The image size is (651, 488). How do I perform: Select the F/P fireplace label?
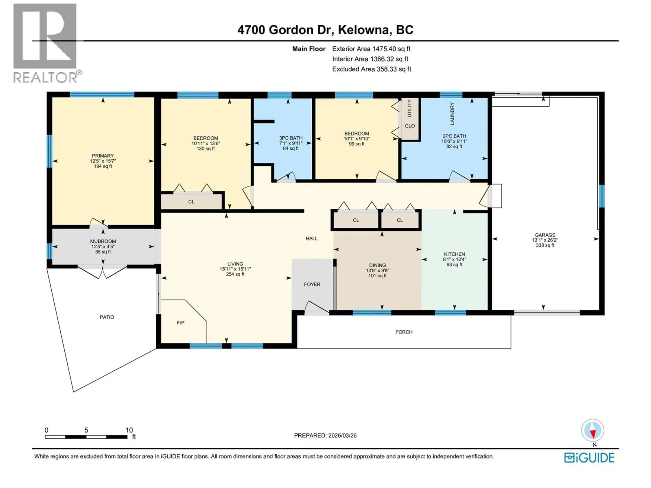tap(180, 323)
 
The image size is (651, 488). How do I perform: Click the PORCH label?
tap(404, 332)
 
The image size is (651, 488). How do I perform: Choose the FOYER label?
tap(312, 284)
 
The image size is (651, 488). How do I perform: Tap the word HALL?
tap(311, 239)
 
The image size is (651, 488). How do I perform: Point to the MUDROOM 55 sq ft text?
tap(103, 252)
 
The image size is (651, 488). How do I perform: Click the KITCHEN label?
tap(454, 254)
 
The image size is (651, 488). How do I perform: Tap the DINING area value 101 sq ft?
tap(377, 276)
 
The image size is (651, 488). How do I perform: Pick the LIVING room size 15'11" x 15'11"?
tap(235, 269)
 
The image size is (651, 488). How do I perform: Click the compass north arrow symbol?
tap(593, 431)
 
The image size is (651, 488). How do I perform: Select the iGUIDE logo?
tap(589, 458)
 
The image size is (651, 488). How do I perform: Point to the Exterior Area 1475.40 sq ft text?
tap(371, 49)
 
